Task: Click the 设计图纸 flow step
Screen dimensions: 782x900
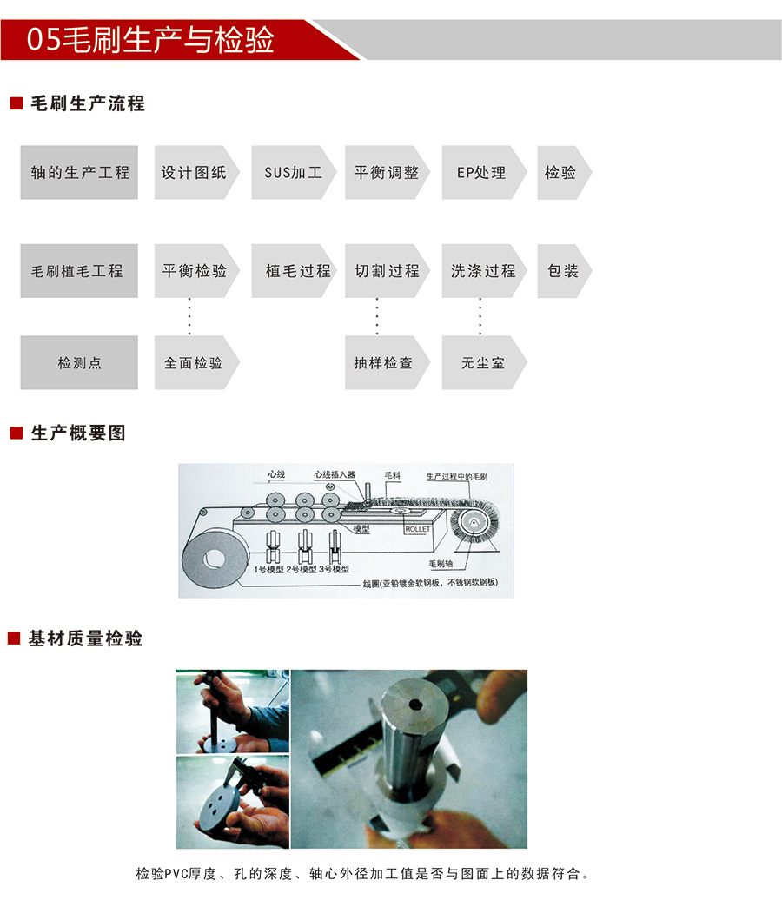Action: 196,172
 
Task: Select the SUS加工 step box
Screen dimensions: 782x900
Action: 294,172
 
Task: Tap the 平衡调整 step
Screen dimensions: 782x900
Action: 387,172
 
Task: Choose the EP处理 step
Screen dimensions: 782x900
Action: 484,172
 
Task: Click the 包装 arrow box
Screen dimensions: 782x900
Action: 564,271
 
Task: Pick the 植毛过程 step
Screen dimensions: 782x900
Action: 294,271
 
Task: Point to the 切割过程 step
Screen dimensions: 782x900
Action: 387,271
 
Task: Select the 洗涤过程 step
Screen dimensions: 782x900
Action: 484,271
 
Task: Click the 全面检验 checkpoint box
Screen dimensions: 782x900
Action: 196,363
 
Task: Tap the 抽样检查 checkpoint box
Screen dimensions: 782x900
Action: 387,363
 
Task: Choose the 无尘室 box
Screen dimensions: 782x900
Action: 484,363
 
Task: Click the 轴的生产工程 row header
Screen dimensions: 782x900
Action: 79,172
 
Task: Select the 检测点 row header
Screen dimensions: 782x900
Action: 79,363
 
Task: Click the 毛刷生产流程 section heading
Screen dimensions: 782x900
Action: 88,103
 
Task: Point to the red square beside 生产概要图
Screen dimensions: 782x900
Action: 17,433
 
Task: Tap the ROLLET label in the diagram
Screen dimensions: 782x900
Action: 417,529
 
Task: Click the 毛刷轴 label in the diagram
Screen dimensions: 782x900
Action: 441,564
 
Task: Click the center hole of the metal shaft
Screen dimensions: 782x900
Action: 414,704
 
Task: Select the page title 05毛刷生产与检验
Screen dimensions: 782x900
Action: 150,40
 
